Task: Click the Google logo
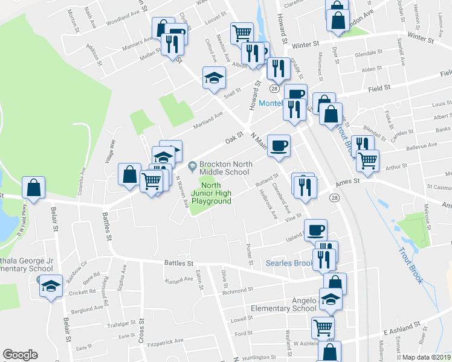[20, 355]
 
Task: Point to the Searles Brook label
[290, 263]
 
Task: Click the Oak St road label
[234, 139]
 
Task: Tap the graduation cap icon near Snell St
[213, 78]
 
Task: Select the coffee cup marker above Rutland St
[279, 145]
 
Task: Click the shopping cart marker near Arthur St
[367, 160]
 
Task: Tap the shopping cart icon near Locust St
[241, 33]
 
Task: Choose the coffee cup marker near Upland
[316, 229]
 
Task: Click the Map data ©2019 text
[427, 357]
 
